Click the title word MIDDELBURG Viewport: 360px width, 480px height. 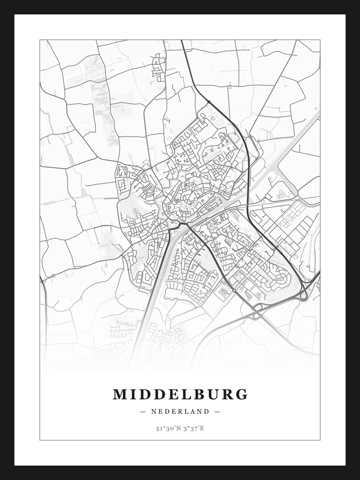(x=180, y=395)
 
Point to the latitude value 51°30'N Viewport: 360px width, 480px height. (x=167, y=428)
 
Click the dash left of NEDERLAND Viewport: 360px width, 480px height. (x=143, y=411)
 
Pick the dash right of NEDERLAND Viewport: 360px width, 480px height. (x=217, y=411)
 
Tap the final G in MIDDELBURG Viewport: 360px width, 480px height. (x=242, y=395)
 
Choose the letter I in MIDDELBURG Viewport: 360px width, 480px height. (x=133, y=395)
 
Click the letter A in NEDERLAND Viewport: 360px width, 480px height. (x=190, y=411)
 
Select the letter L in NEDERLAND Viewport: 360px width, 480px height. (x=182, y=411)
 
